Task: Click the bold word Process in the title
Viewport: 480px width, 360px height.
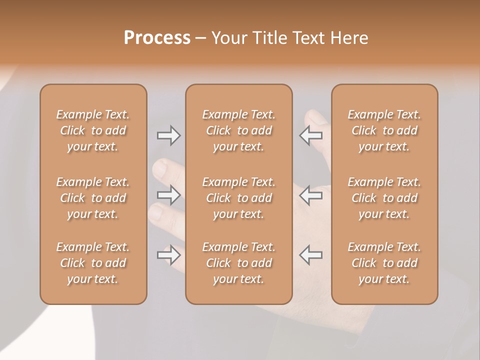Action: pyautogui.click(x=157, y=38)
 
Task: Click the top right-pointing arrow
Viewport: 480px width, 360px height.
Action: pyautogui.click(x=168, y=135)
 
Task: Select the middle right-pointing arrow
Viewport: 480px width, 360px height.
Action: pyautogui.click(x=168, y=195)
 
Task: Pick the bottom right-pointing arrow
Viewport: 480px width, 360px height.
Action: pyautogui.click(x=168, y=255)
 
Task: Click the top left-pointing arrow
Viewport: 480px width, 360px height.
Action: pyautogui.click(x=311, y=135)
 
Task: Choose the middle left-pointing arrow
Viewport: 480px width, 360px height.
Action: pyautogui.click(x=311, y=195)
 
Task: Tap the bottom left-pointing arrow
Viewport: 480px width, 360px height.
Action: pyautogui.click(x=311, y=255)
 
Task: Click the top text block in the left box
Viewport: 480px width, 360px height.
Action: pyautogui.click(x=93, y=130)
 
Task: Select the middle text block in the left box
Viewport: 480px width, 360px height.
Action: pyautogui.click(x=93, y=198)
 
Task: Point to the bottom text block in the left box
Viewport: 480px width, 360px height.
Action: pyautogui.click(x=93, y=263)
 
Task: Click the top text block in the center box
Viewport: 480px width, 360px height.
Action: pyautogui.click(x=239, y=130)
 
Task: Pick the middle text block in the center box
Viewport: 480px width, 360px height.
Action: pyautogui.click(x=239, y=198)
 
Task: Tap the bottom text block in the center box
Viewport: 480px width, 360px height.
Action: pyautogui.click(x=239, y=263)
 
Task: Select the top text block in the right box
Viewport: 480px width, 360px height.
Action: pyautogui.click(x=384, y=130)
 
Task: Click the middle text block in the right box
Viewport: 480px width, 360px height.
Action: pyautogui.click(x=384, y=198)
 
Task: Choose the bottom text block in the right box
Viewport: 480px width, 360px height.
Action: pyautogui.click(x=384, y=263)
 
